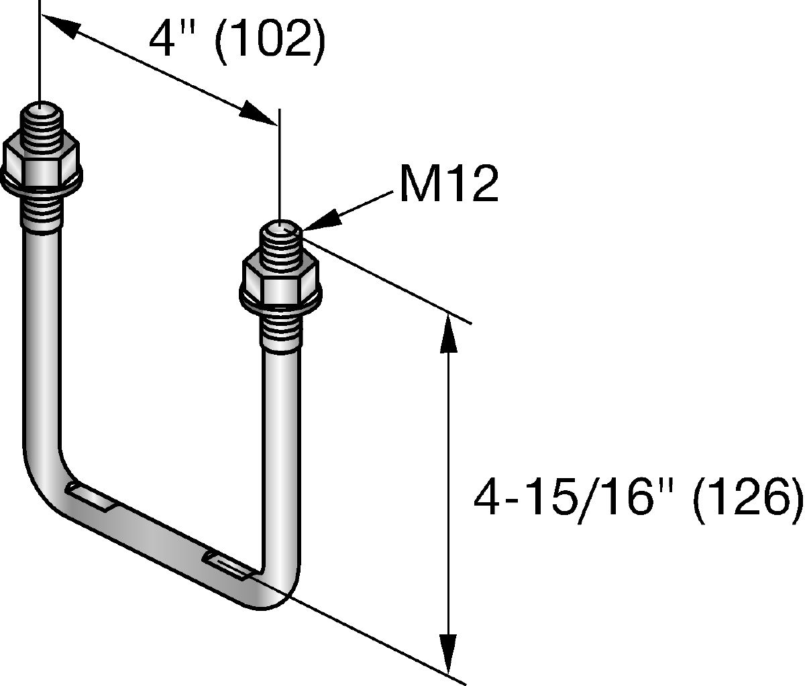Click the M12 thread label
449,185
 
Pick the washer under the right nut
281,300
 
